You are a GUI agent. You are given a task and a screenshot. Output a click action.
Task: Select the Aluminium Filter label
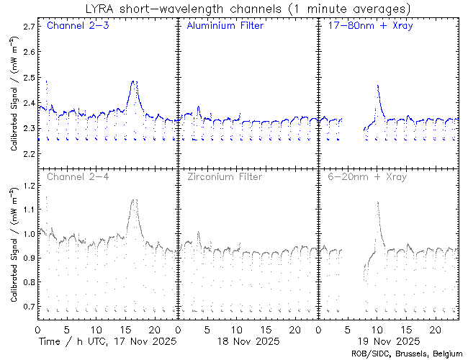(x=225, y=27)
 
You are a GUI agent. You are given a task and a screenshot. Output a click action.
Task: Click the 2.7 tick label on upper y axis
(x=29, y=26)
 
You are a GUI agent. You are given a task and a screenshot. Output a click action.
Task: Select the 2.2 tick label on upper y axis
(x=29, y=154)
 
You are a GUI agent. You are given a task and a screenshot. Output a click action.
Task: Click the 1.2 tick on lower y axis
(x=29, y=186)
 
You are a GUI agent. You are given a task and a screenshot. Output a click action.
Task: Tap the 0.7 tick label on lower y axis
(x=29, y=307)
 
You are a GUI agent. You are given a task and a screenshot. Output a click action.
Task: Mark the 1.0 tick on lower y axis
(x=29, y=235)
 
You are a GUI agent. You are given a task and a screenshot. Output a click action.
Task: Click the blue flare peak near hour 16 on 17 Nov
(x=134, y=81)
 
